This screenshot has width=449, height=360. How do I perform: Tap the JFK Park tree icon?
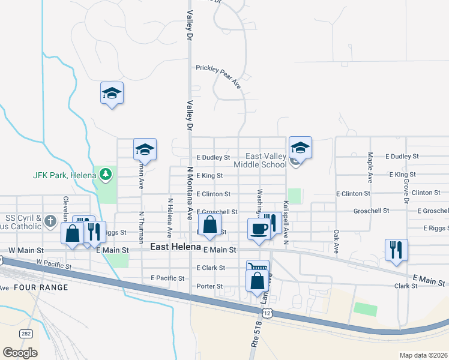[106, 175]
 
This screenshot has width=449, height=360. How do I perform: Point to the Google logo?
[20, 352]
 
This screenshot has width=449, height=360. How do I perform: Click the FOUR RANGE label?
[41, 287]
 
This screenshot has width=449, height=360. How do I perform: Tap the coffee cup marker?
[259, 229]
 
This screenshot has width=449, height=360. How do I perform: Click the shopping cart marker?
[257, 269]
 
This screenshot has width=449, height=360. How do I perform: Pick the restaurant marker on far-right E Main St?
[396, 250]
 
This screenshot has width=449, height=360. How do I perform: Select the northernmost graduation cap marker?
[112, 93]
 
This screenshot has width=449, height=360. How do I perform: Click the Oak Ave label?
[336, 241]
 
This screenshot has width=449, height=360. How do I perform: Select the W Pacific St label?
[54, 263]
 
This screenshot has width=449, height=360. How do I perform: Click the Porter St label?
[210, 286]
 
